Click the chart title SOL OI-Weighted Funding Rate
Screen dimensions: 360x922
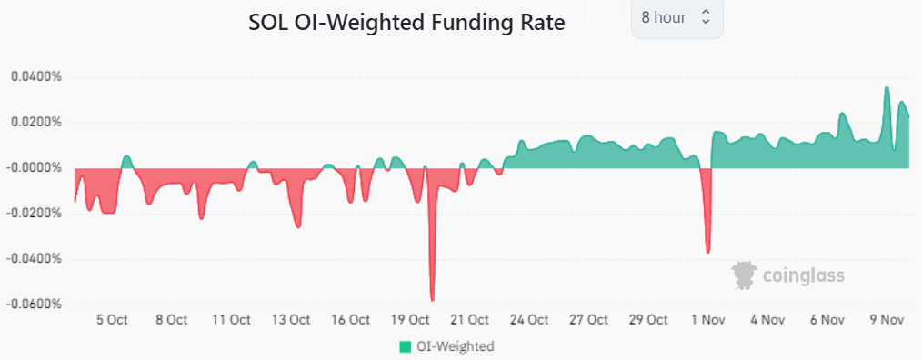click(x=406, y=24)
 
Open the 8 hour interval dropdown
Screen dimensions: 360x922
click(x=676, y=17)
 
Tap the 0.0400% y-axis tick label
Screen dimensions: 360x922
click(x=35, y=76)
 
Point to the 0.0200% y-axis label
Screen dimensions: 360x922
click(x=35, y=122)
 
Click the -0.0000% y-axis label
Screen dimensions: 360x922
click(x=34, y=167)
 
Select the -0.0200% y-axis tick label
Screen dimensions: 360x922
click(x=34, y=213)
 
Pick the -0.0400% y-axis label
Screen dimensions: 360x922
click(x=34, y=258)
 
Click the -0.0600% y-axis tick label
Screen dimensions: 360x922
click(x=34, y=304)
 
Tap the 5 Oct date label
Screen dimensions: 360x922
click(x=111, y=320)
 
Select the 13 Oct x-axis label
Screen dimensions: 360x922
click(x=291, y=320)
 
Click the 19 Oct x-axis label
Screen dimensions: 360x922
click(x=410, y=320)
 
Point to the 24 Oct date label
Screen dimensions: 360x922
click(x=529, y=320)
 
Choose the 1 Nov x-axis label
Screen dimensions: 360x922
click(x=708, y=320)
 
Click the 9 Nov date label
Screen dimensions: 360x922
click(x=887, y=320)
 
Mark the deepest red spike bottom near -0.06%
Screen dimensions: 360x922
click(x=432, y=299)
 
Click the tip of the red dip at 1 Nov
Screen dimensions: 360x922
click(x=707, y=252)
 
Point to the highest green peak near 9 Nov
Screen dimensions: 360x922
click(x=887, y=88)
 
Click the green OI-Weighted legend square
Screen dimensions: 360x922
click(x=405, y=346)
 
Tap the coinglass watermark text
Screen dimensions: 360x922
click(x=804, y=275)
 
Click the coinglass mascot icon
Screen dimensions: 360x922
click(x=746, y=275)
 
